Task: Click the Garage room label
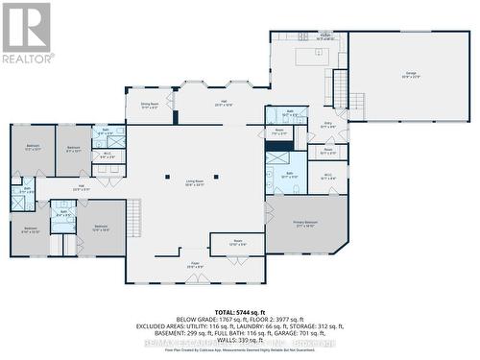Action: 409,75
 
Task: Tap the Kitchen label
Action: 298,36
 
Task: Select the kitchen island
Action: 310,57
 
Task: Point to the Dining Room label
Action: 149,105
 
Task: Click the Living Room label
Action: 194,186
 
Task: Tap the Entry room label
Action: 327,125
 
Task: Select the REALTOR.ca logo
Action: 27,33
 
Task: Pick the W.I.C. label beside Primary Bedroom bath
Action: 327,176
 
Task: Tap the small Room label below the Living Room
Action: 236,244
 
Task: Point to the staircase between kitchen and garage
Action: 340,88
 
